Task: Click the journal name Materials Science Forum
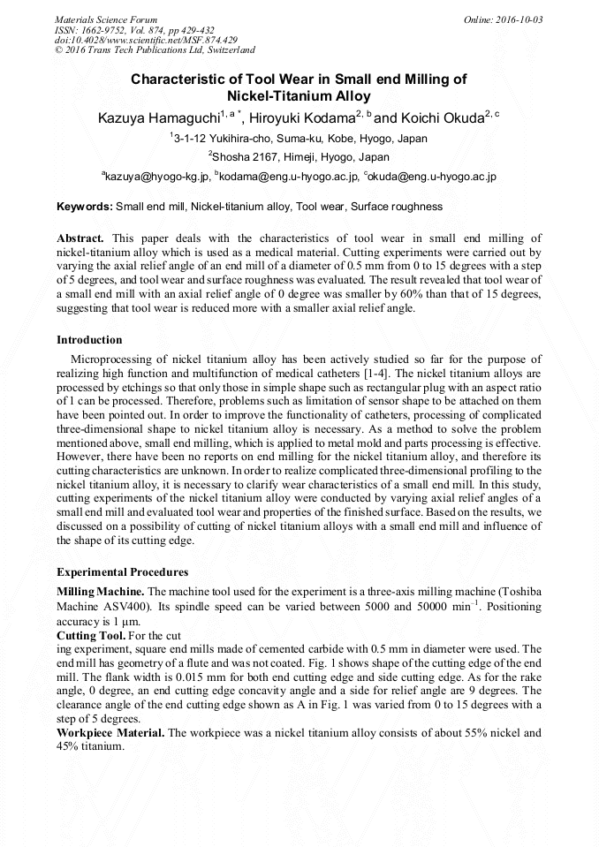click(106, 19)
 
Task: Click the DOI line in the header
click(146, 40)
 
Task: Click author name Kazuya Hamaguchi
click(159, 117)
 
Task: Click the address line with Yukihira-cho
click(299, 139)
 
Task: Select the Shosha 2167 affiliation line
click(299, 157)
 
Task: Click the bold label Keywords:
click(85, 207)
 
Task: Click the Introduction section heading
click(89, 340)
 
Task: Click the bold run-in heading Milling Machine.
click(100, 590)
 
